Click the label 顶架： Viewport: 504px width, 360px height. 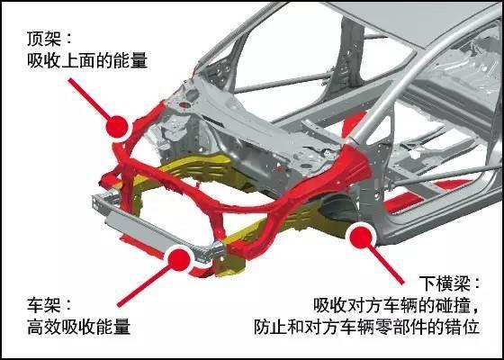click(x=47, y=38)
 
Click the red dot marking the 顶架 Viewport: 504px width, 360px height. click(x=117, y=126)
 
